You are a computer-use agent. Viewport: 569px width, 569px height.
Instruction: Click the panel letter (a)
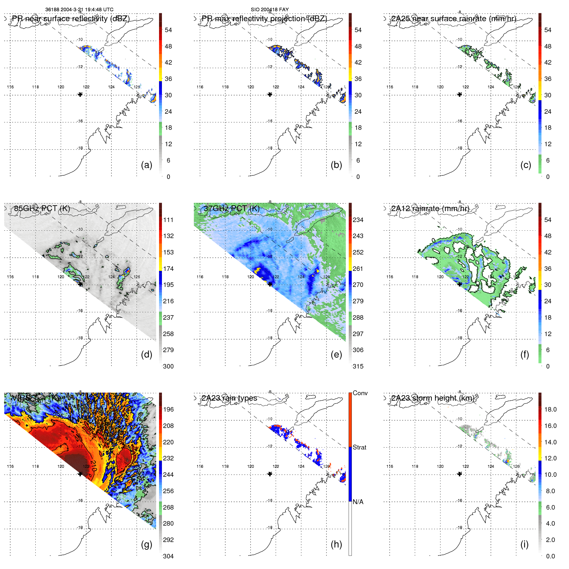pos(147,165)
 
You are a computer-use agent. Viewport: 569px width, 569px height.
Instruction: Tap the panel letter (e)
pos(336,355)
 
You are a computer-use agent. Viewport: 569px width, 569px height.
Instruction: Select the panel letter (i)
pos(524,544)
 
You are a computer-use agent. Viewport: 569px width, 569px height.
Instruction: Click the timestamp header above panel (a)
pos(79,10)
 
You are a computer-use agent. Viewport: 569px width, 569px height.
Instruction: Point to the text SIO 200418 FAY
pos(270,10)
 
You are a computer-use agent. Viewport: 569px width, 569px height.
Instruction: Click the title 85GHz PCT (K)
pos(42,209)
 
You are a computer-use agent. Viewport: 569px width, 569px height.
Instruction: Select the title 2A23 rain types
pos(229,398)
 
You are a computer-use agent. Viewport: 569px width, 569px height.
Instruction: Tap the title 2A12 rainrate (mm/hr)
pos(430,209)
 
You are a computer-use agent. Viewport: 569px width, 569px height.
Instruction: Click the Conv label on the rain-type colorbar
pos(360,393)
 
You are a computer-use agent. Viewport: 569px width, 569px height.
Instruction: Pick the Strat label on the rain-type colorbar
pos(360,448)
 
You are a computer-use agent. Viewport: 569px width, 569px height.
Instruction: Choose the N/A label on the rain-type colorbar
pos(358,502)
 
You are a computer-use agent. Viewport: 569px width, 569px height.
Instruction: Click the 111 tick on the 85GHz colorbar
pos(168,220)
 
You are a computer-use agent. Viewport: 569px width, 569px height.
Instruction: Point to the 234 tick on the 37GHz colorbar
pos(358,220)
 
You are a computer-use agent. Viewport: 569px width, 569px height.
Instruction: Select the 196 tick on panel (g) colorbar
pos(168,410)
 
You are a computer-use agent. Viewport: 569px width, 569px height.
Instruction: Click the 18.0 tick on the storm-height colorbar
pos(550,410)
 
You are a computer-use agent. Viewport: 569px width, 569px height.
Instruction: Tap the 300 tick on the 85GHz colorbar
pos(168,367)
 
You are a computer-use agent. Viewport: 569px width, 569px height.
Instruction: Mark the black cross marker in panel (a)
pos(80,94)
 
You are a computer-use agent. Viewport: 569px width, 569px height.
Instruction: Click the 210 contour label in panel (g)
pos(93,466)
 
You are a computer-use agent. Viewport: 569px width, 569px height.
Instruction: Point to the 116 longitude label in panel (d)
pos(10,277)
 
